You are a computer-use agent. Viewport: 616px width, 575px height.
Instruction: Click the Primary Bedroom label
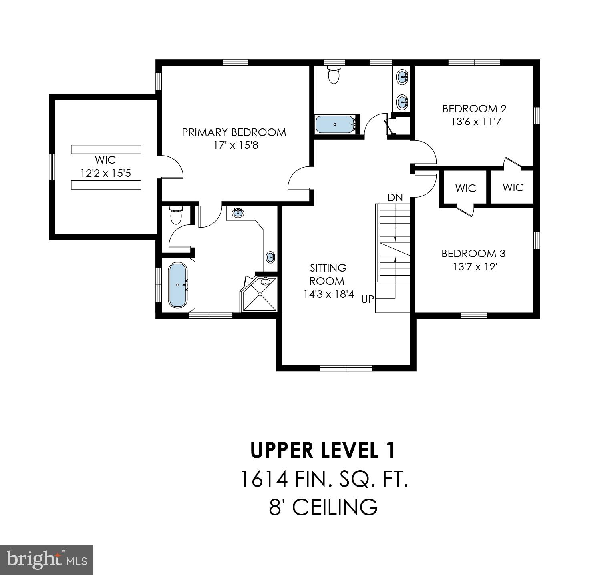(x=234, y=132)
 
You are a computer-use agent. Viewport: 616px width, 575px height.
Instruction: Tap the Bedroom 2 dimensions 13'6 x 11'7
(x=476, y=122)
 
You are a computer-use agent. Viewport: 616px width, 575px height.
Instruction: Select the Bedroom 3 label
(x=473, y=254)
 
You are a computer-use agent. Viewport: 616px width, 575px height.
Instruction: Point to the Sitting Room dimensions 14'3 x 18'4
(x=328, y=294)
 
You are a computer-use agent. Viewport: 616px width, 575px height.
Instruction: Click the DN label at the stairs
(x=395, y=198)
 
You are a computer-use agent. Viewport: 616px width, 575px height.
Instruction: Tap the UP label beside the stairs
(x=367, y=299)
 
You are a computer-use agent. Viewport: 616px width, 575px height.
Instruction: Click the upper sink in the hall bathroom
(x=402, y=76)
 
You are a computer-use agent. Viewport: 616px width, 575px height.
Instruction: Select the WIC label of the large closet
(x=105, y=160)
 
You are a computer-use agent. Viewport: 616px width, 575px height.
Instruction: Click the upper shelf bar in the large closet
(x=106, y=149)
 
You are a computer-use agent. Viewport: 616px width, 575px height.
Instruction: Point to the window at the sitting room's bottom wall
(x=346, y=368)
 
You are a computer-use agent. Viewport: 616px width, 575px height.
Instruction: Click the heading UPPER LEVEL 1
(x=323, y=450)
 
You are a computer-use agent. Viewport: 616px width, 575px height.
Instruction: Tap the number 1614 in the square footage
(x=264, y=479)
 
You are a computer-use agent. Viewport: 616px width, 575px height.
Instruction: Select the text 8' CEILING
(x=323, y=507)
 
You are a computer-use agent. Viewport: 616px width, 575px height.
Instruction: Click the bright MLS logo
(x=46, y=559)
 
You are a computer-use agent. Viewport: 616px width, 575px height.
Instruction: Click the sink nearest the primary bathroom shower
(x=271, y=256)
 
